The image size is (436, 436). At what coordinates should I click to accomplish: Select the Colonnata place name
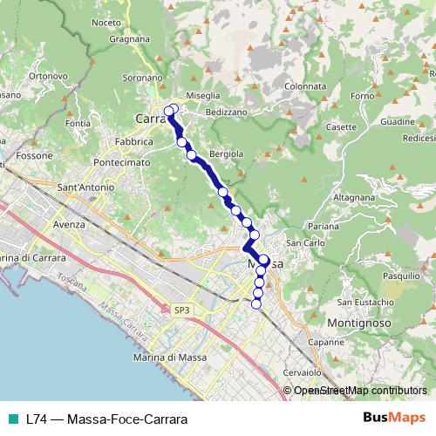click(304, 86)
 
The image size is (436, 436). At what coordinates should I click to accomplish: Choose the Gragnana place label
click(131, 38)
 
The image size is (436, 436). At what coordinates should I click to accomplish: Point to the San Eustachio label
click(361, 302)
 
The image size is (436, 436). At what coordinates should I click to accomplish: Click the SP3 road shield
click(181, 310)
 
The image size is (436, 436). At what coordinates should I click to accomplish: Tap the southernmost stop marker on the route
click(256, 303)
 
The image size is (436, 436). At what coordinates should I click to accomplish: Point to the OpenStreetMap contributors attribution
click(358, 391)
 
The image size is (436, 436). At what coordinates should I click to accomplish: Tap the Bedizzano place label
click(227, 112)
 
